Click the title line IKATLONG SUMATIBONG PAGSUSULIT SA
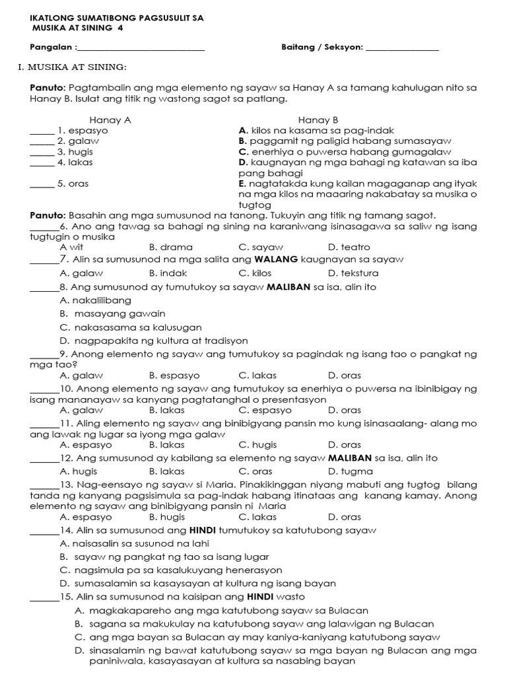[117, 18]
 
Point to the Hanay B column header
[318, 120]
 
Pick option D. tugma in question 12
[350, 471]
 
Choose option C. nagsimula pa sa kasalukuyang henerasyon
[170, 570]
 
